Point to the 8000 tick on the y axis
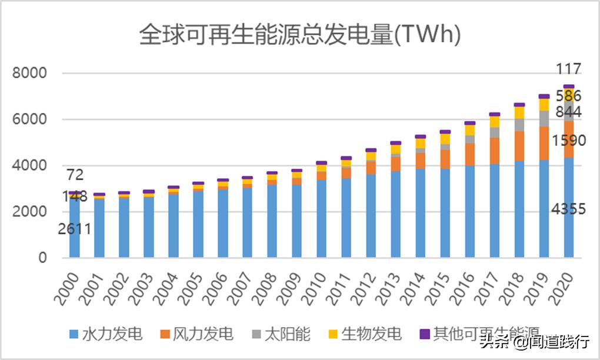point(30,74)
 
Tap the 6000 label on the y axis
point(30,119)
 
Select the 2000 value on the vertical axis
point(30,212)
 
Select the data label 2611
point(74,229)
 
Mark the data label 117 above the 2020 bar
point(568,69)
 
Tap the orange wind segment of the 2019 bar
point(544,143)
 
